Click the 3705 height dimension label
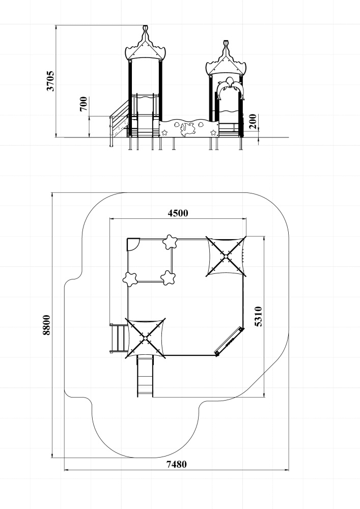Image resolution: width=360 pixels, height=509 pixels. coord(50,81)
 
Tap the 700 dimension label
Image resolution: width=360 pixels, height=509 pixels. coord(84,103)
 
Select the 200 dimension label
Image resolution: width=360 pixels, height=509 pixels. coord(253,121)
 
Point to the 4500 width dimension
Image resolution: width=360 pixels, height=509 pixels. coord(178,213)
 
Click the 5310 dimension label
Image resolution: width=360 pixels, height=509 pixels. coord(258,316)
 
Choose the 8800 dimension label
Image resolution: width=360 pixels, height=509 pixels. coord(46,325)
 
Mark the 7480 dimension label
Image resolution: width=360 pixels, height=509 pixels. coord(177,464)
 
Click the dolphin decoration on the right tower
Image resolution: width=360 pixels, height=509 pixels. coord(230,88)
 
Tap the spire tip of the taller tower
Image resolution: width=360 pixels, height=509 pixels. coord(146,26)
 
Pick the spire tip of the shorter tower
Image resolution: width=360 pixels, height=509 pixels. coord(226,42)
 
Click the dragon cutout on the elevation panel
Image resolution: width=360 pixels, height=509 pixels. coord(187,129)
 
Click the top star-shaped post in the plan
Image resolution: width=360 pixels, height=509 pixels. coord(170,242)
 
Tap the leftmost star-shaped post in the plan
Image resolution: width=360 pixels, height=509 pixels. coord(130,279)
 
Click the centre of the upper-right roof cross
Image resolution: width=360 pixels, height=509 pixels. coord(226,257)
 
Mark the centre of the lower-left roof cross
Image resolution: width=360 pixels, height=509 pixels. coord(145,338)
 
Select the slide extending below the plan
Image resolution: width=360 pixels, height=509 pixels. coord(145,376)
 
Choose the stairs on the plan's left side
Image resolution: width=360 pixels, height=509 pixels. coord(119,338)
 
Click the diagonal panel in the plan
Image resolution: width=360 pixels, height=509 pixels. coord(229,341)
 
